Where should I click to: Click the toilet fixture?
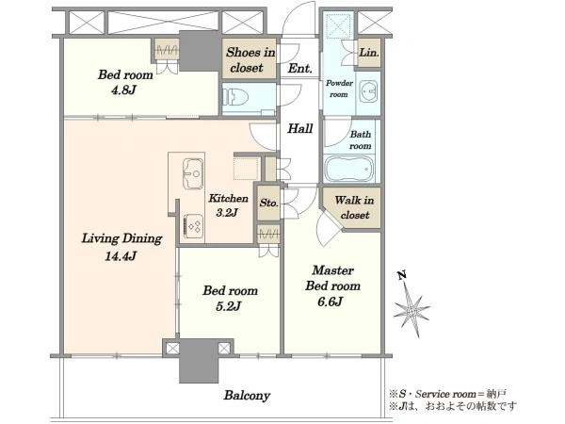click(236, 97)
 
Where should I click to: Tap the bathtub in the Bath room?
click(349, 169)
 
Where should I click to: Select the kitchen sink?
click(193, 173)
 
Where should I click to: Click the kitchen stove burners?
click(193, 227)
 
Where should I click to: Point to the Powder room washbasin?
click(368, 91)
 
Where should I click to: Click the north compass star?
click(412, 309)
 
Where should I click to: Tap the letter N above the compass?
click(402, 275)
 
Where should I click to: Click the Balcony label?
click(247, 396)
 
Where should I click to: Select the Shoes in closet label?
click(250, 60)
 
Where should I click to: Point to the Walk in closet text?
click(354, 207)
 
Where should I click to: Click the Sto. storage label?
click(268, 203)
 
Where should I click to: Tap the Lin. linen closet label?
click(369, 53)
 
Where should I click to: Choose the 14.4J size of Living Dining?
click(121, 256)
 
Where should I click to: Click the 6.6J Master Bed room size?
click(330, 302)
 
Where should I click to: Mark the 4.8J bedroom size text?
click(123, 90)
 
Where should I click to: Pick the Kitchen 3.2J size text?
click(227, 212)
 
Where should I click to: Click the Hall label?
click(299, 128)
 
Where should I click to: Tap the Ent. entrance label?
click(299, 68)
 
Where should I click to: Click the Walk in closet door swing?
click(326, 227)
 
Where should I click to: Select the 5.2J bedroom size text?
click(228, 306)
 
